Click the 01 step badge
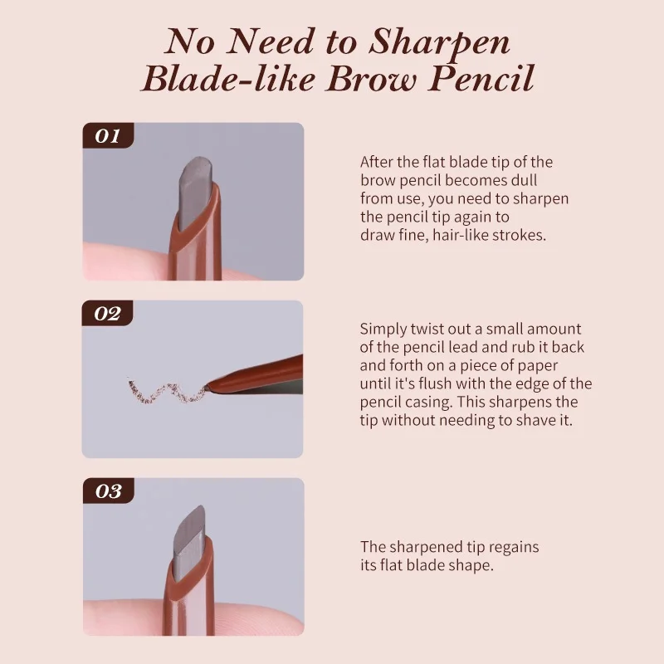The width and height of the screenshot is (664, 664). [108, 135]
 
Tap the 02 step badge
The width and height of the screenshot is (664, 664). [108, 313]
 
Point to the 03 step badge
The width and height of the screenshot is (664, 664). [108, 491]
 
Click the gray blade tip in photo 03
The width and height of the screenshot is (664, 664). [194, 532]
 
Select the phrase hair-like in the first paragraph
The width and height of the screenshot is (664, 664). [452, 235]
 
